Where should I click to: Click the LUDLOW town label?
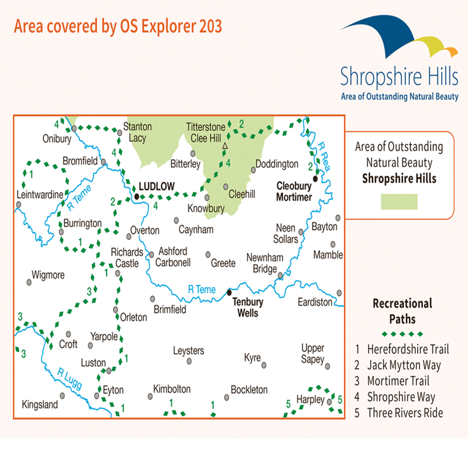157,187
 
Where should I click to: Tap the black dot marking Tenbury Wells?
229,292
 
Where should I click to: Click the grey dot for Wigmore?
29,282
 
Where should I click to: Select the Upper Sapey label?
312,353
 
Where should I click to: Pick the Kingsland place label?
40,404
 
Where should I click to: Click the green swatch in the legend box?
399,202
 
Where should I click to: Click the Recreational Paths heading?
402,311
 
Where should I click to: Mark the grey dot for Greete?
208,254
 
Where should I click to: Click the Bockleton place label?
249,390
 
